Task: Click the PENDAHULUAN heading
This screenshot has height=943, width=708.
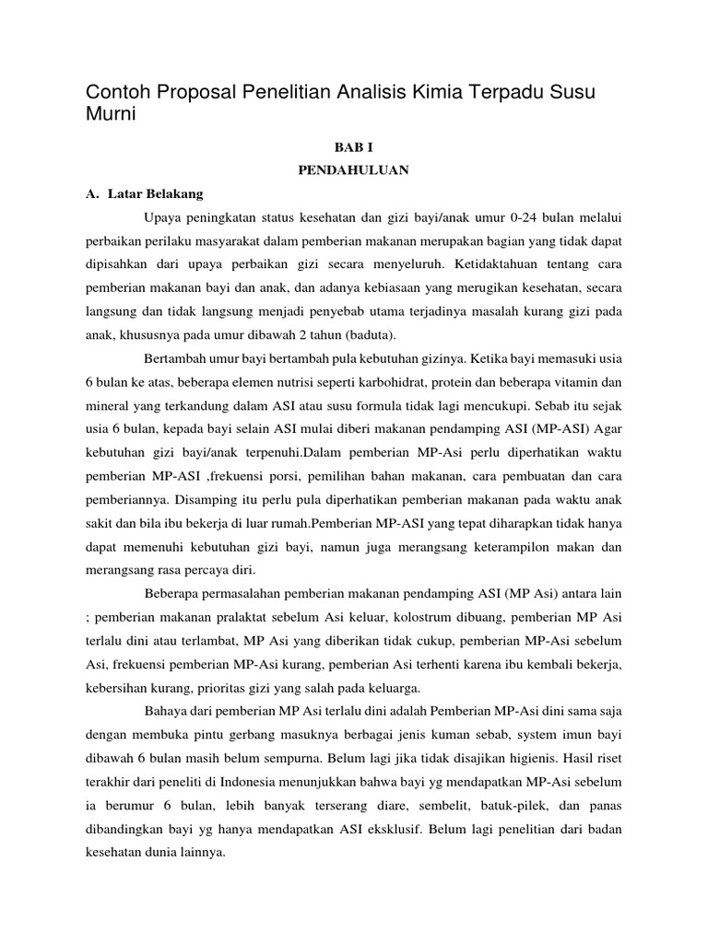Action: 353,170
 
